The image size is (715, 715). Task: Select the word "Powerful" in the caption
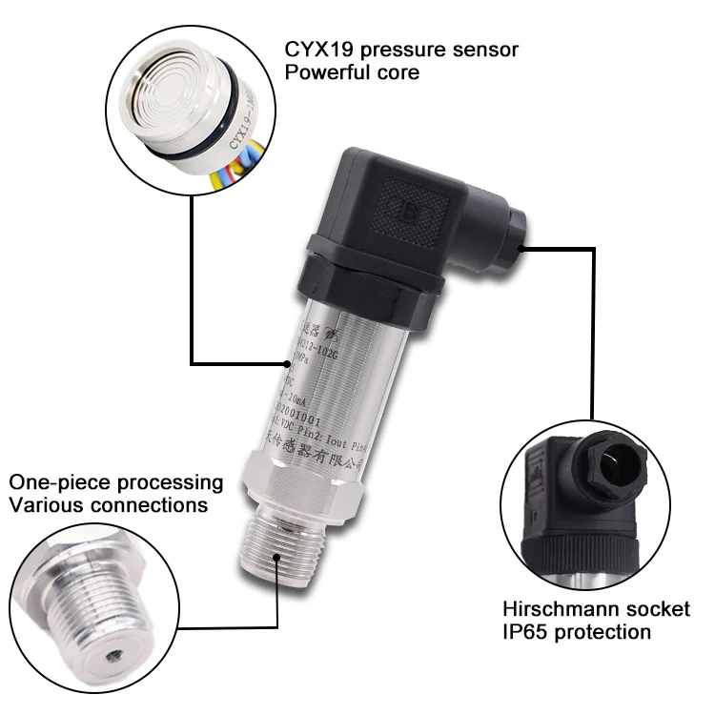pyautogui.click(x=324, y=73)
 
